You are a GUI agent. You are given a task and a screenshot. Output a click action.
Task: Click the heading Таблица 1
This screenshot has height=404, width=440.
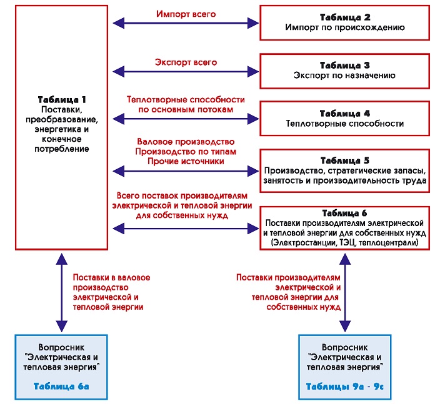[62, 99]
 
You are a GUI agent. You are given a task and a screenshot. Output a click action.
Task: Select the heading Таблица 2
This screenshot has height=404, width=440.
[345, 17]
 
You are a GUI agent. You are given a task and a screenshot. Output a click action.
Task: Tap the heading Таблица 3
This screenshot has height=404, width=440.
[345, 66]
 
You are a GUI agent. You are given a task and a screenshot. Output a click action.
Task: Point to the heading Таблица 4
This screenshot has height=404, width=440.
[345, 113]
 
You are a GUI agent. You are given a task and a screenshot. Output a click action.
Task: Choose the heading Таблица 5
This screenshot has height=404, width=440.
[345, 160]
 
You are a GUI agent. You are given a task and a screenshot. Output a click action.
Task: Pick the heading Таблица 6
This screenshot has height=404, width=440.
[344, 214]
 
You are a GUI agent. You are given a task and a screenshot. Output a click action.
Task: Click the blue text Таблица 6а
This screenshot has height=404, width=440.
[61, 387]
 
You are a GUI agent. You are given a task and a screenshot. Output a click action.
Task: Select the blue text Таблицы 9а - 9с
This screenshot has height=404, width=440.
[344, 387]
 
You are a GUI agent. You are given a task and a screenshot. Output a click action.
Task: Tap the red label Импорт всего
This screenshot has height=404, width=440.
[186, 14]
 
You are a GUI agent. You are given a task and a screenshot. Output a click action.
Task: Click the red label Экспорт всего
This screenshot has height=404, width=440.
[186, 62]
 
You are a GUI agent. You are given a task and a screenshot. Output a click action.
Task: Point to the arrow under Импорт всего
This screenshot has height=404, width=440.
[186, 23]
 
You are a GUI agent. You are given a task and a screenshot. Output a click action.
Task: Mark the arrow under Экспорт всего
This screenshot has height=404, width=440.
[186, 72]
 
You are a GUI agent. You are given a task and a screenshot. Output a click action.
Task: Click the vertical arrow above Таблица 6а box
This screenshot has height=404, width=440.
[62, 293]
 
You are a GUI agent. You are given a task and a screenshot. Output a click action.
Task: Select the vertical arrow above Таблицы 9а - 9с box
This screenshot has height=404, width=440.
[345, 293]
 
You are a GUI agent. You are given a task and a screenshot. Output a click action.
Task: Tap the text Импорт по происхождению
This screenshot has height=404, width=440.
[345, 27]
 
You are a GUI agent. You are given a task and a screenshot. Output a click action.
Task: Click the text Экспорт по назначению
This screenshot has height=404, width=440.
[344, 76]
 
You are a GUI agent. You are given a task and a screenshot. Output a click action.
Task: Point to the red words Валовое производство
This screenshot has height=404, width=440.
[186, 142]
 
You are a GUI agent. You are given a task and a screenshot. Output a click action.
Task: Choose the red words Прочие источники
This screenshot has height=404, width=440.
[186, 162]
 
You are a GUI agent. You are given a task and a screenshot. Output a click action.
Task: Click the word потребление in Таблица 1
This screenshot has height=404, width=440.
[62, 149]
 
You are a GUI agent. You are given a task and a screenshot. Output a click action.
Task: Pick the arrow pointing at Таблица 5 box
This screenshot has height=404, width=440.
[186, 171]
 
